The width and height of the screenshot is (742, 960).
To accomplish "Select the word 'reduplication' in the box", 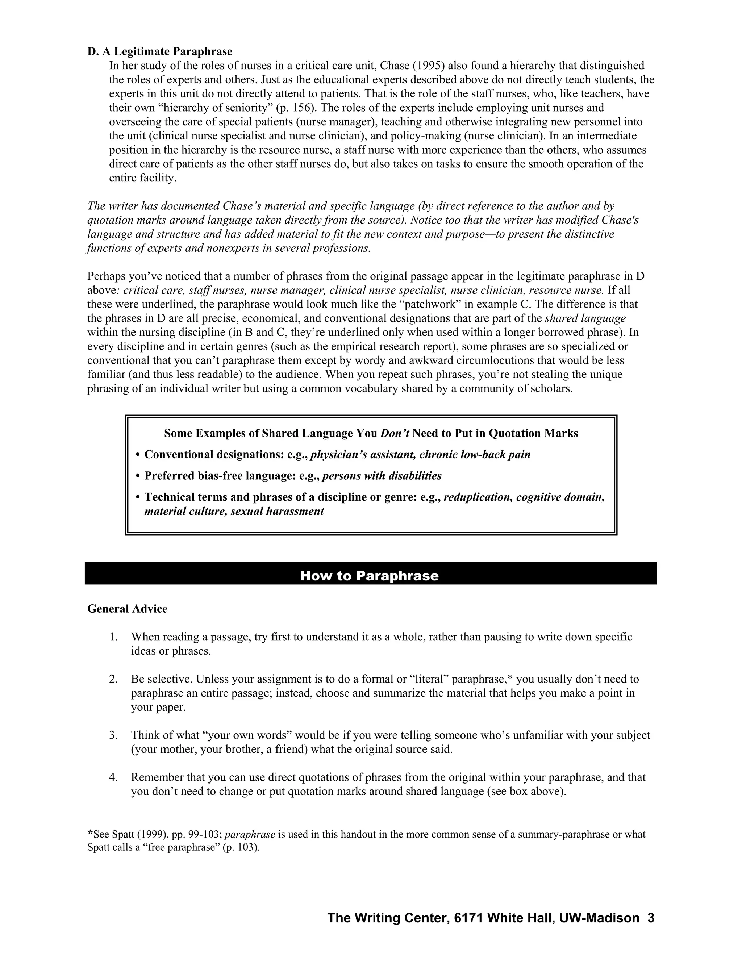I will click(x=478, y=497).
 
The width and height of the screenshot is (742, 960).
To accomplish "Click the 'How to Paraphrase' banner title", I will click(x=369, y=576).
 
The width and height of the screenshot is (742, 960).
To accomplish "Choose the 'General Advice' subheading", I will click(x=128, y=609).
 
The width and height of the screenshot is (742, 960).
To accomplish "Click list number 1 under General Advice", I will click(x=113, y=637).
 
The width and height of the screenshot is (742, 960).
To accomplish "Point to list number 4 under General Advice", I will click(x=113, y=777).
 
